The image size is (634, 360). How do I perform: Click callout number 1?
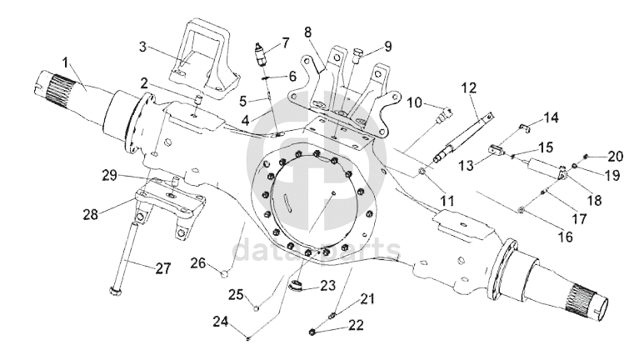66,63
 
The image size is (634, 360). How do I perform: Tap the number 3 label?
142,47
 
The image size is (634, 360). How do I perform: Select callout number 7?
286,42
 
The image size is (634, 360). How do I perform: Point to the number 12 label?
469,88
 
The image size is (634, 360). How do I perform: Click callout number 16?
565,236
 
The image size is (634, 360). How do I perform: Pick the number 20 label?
615,156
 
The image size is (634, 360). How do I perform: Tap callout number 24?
221,322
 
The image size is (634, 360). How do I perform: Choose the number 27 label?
163,268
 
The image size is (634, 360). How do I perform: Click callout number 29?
109,176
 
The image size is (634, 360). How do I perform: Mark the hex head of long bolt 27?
115,290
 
